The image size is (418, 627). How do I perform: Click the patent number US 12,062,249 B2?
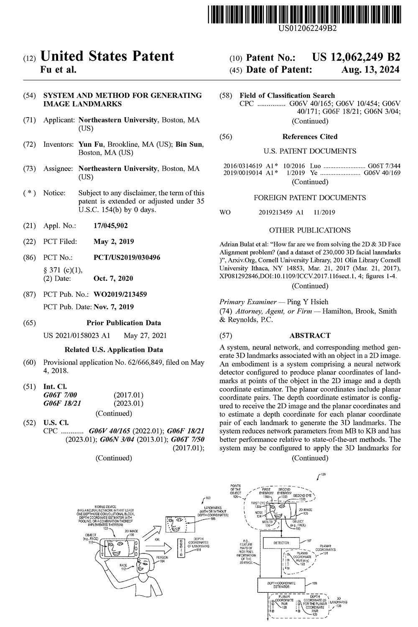356,58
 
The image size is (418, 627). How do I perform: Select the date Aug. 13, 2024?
370,70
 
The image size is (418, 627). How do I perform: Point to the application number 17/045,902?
111,226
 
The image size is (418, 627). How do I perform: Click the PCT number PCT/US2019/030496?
127,257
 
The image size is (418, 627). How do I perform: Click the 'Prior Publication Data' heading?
124,323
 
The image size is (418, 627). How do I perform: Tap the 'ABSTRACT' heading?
310,335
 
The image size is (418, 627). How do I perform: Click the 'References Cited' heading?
310,137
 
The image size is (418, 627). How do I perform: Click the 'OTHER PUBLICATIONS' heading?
310,230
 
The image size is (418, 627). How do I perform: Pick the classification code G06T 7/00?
60,395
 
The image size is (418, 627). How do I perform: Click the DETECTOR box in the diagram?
281,543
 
